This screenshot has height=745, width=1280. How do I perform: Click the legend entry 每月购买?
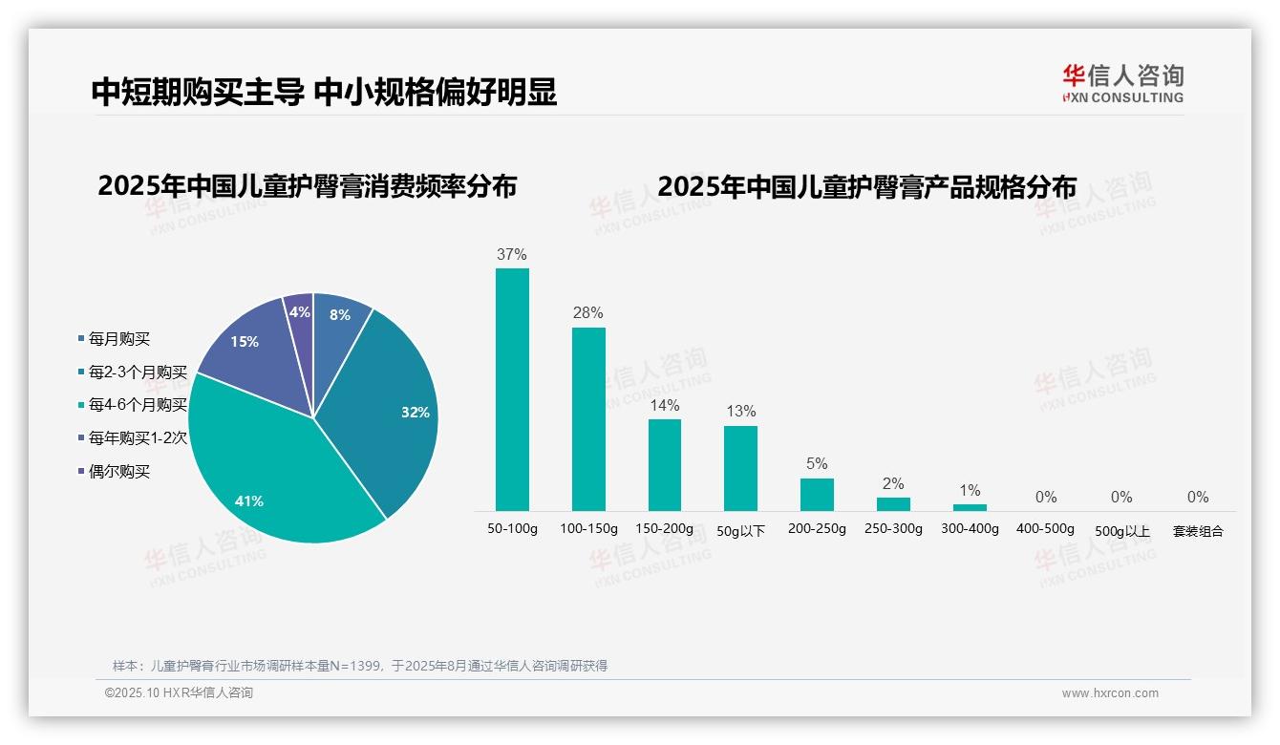(x=119, y=339)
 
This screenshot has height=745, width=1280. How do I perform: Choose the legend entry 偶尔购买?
(x=119, y=472)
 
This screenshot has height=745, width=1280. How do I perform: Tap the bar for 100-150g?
(x=588, y=419)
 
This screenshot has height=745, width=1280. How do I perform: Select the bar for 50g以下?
(x=740, y=468)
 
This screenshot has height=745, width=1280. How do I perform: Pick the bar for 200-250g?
(x=817, y=495)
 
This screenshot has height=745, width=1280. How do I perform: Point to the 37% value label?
(x=512, y=255)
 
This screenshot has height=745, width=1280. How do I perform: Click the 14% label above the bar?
(x=665, y=405)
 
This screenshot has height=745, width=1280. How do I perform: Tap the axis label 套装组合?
(x=1198, y=531)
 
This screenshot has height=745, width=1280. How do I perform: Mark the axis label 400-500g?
(x=1045, y=529)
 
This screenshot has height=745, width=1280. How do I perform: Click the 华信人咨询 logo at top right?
(x=1122, y=83)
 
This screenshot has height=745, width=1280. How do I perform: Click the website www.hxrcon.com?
(x=1110, y=693)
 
